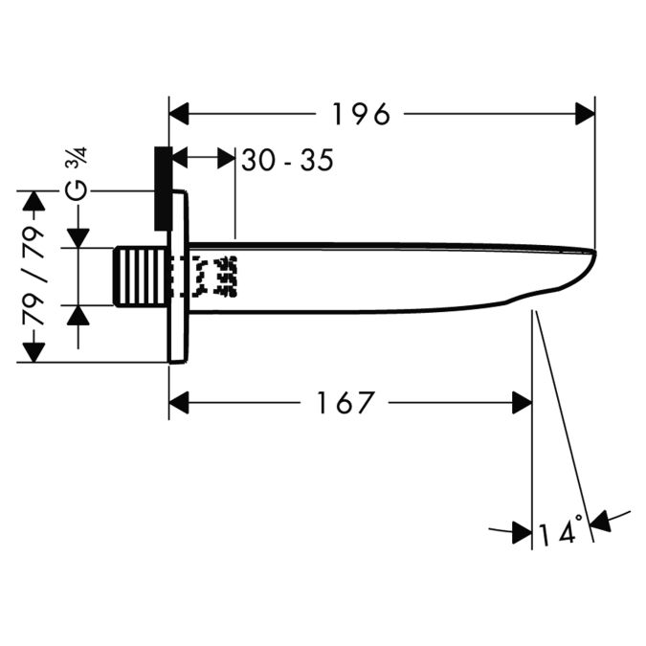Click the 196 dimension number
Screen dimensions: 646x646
[361, 115]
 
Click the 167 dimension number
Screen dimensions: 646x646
[345, 403]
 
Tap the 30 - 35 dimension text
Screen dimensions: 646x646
[287, 160]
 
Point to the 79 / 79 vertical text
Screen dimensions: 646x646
[33, 277]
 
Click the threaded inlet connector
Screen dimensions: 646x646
[139, 277]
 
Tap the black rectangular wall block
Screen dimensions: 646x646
[162, 189]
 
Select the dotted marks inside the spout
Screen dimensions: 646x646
[214, 277]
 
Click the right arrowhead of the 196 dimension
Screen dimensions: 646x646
[585, 115]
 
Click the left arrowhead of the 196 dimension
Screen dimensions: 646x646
[179, 115]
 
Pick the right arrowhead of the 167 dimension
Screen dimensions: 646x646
[522, 403]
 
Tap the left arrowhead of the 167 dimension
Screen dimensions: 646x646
[179, 403]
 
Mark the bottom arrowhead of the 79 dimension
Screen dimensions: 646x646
[33, 352]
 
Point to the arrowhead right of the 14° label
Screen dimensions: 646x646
[600, 521]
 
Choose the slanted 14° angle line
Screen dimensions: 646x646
[565, 431]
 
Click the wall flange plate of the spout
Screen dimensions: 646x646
[178, 277]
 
